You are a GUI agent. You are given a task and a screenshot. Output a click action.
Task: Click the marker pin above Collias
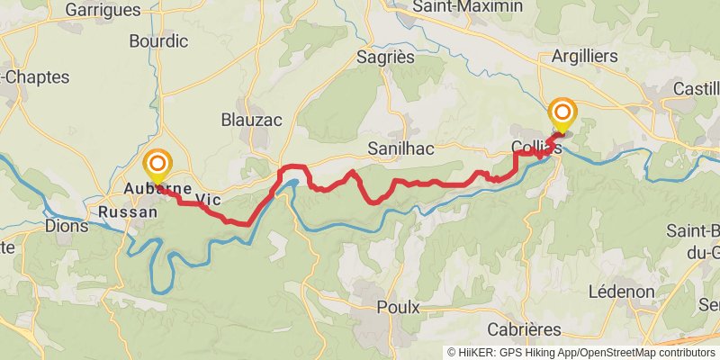[x=563, y=113]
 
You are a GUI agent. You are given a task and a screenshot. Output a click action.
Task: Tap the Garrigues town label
[x=103, y=10]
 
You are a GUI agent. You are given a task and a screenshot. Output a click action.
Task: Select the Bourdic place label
[x=158, y=40]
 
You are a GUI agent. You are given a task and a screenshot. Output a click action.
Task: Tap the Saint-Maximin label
[x=466, y=7]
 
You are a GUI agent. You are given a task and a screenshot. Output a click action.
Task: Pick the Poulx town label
[x=398, y=307]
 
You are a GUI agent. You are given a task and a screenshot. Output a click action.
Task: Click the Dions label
[x=67, y=226]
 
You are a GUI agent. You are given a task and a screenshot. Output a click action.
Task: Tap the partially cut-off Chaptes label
[x=36, y=77]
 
